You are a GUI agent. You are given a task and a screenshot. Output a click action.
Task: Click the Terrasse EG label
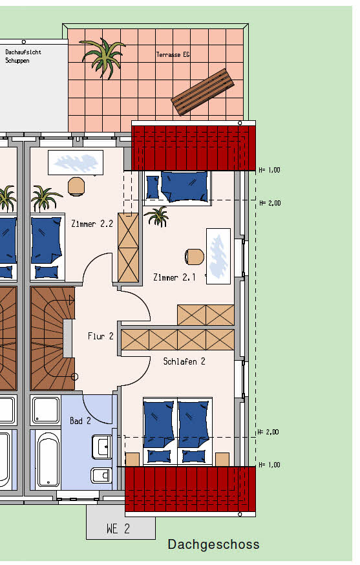[x=173, y=55]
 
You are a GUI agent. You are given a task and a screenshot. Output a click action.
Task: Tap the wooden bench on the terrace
[x=202, y=92]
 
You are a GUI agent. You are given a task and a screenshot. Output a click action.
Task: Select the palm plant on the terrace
[x=103, y=58]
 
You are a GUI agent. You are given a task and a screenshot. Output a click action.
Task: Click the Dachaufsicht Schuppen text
[x=23, y=56]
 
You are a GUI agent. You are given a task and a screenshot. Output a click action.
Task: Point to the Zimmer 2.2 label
[x=92, y=224]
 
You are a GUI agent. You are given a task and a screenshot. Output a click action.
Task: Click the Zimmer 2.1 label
[x=175, y=277]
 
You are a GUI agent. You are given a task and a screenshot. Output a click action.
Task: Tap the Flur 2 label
[x=101, y=336]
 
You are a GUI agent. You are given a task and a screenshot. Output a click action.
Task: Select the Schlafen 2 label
[x=184, y=361]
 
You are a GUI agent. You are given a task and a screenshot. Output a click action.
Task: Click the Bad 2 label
[x=80, y=420]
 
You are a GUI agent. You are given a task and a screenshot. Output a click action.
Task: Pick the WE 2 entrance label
[x=118, y=529]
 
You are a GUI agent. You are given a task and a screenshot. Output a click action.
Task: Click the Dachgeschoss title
[x=213, y=544]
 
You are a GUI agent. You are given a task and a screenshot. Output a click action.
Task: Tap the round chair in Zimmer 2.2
[x=76, y=186]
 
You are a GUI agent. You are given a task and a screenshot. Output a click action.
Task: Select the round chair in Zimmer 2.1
[x=195, y=257]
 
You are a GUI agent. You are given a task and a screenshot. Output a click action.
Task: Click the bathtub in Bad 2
[x=48, y=460]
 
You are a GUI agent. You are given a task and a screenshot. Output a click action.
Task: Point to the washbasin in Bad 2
[x=102, y=447]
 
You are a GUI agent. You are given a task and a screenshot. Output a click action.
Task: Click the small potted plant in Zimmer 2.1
[x=158, y=217]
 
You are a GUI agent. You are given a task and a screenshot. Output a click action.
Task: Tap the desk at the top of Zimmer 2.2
[x=76, y=162]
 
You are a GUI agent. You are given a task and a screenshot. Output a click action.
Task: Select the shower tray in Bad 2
[x=45, y=410]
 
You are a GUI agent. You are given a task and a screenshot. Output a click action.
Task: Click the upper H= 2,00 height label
[x=270, y=203]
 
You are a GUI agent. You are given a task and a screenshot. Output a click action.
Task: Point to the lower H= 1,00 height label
[x=269, y=465]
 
